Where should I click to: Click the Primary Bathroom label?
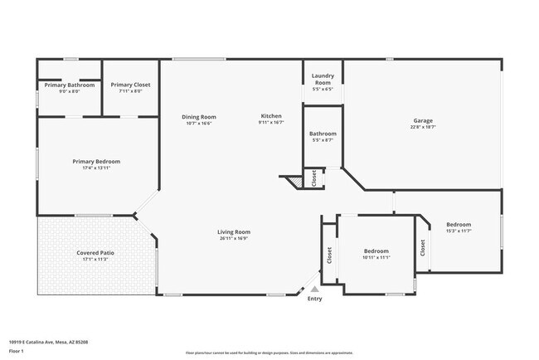tap(70, 85)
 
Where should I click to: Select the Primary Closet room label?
tap(131, 85)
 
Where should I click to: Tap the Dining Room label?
tap(198, 117)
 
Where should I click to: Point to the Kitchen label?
tap(271, 116)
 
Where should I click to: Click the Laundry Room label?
tap(323, 80)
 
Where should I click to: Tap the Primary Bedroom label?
tap(96, 162)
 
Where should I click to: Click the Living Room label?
tap(234, 232)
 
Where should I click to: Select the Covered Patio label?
tap(96, 252)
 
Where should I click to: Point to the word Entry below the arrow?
tap(314, 299)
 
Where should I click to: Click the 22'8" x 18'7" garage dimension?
tap(423, 128)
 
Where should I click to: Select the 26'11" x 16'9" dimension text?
tap(234, 239)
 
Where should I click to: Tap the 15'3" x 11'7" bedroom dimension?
tap(459, 231)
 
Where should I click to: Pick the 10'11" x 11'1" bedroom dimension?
tap(376, 258)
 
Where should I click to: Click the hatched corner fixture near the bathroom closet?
tap(293, 180)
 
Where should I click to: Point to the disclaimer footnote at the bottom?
tap(269, 353)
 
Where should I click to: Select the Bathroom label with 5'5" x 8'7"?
tap(323, 134)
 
